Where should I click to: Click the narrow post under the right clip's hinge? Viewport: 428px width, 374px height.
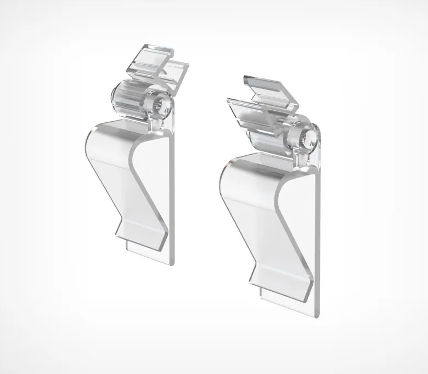point(305,156)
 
